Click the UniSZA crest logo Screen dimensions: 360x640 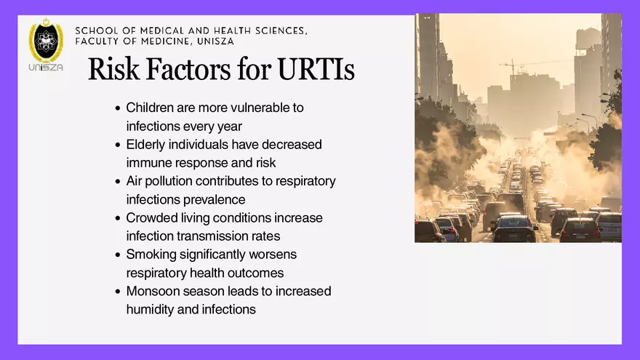tap(46, 41)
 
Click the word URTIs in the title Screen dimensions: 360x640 tap(316, 70)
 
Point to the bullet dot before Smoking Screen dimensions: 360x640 tap(118, 255)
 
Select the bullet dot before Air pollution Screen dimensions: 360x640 tap(118, 182)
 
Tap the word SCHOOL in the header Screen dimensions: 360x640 tap(97, 31)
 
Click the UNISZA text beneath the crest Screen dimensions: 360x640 tap(46, 68)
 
